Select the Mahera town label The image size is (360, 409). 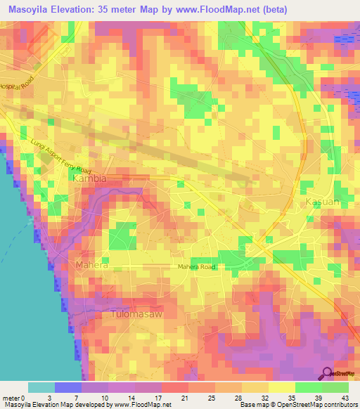tap(90, 266)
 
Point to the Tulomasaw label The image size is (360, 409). tap(138, 315)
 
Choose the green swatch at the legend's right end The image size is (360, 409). tap(335, 387)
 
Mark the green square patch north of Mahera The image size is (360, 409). tap(122, 233)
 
